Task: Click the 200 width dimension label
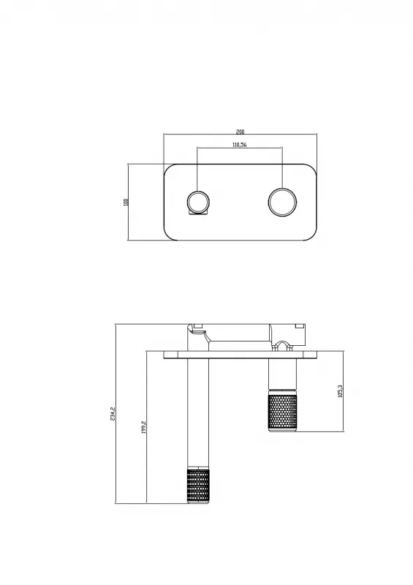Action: [x=240, y=132]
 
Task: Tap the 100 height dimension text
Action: [x=125, y=202]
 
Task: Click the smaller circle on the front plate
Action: [x=198, y=201]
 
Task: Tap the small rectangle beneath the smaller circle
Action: [x=198, y=214]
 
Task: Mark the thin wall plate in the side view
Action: [x=241, y=356]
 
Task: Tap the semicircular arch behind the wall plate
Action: [x=281, y=344]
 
